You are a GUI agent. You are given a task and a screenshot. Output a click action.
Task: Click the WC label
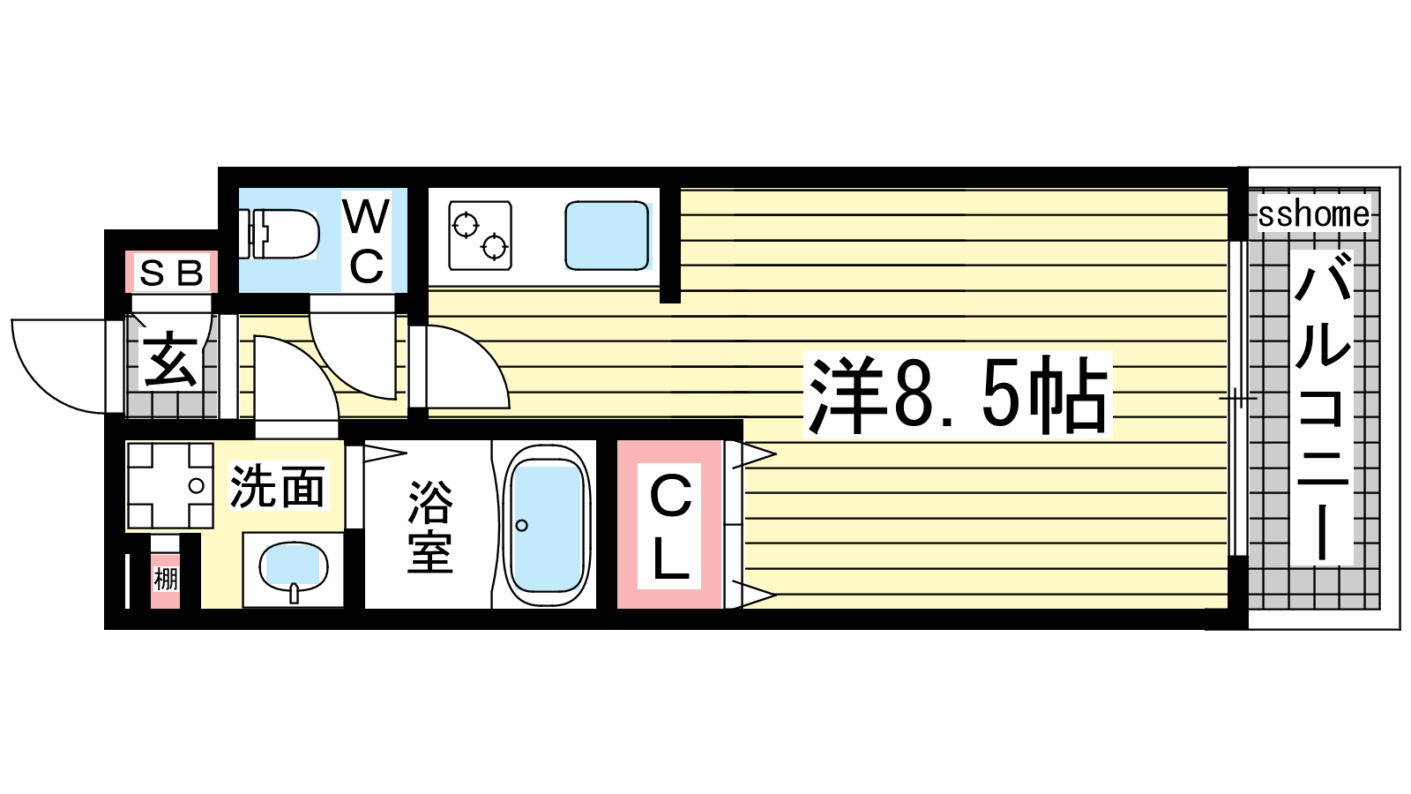pos(366,242)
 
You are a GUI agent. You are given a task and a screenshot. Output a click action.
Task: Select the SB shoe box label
pos(171,273)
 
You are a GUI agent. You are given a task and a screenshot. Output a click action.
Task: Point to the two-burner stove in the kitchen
pos(480,235)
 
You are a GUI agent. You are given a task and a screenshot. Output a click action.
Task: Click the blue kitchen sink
pos(607,235)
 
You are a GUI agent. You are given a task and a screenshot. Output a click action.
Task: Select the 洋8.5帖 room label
pos(958,394)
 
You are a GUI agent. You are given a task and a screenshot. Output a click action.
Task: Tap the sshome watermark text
pos(1314,214)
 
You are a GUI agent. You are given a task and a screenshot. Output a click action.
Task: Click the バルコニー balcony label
pos(1322,406)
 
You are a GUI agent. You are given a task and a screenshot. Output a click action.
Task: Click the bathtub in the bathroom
pos(547,526)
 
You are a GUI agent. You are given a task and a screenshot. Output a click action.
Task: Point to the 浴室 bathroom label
pos(430,527)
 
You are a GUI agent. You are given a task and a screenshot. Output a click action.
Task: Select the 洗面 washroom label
pos(278,486)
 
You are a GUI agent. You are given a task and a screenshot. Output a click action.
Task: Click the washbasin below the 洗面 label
pos(294,570)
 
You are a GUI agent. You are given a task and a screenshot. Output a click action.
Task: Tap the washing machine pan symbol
pos(170,485)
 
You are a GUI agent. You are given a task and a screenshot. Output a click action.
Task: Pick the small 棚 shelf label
pos(166,579)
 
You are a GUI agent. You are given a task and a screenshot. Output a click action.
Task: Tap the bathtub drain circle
pos(521,525)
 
